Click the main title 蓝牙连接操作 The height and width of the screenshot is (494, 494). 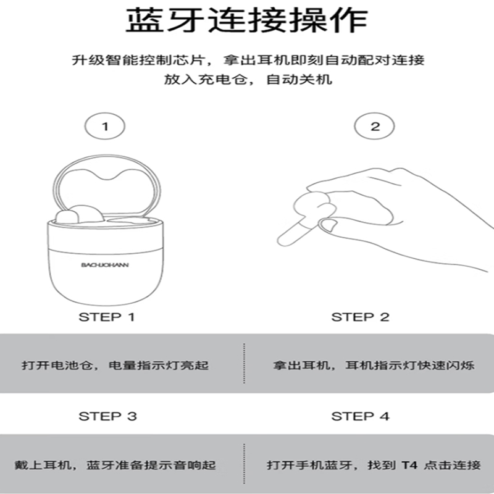(246, 20)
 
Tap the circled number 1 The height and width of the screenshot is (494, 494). (105, 127)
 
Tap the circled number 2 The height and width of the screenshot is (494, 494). (374, 127)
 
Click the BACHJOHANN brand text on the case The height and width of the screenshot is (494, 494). (105, 265)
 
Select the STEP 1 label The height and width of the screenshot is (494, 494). (107, 317)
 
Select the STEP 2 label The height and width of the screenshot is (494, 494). (361, 317)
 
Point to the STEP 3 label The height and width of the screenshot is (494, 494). (107, 416)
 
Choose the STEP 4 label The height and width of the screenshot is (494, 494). (361, 416)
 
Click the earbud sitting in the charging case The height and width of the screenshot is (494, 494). (80, 215)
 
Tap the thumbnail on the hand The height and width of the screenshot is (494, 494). (328, 225)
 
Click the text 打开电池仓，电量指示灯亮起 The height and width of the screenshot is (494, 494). (115, 366)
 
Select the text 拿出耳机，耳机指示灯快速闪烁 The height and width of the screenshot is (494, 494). (374, 366)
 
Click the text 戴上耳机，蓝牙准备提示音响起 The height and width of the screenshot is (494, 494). (115, 465)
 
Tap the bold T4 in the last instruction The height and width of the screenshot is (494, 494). (409, 465)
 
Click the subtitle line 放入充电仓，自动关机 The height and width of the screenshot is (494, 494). (248, 79)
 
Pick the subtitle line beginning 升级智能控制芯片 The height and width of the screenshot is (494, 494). (248, 59)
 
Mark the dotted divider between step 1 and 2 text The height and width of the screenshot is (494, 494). (244, 363)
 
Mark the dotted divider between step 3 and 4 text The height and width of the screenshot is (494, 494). (244, 464)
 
